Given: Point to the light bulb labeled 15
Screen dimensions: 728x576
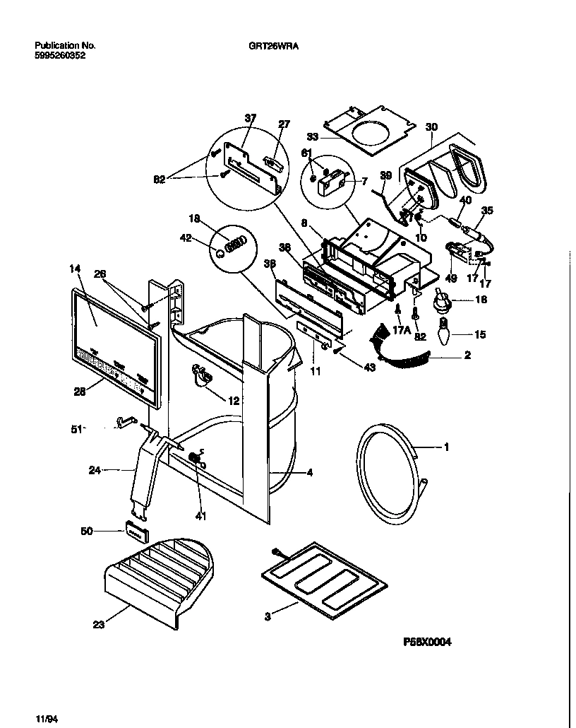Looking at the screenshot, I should click(444, 331).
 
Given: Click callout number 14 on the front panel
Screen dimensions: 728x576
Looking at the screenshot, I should click(75, 269).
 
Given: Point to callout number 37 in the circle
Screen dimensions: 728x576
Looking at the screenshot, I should click(250, 118).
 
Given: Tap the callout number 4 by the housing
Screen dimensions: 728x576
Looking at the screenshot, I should click(309, 472).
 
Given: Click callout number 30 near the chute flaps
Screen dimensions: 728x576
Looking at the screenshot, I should click(431, 127).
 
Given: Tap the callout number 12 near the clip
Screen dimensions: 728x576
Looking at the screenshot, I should click(234, 401).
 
